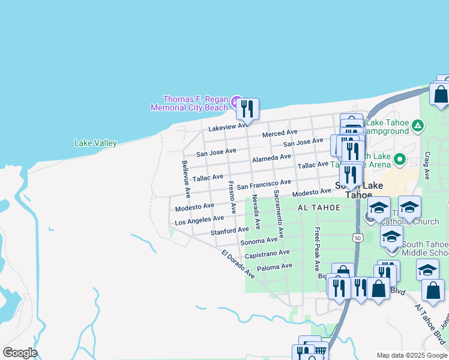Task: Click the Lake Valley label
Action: (x=95, y=143)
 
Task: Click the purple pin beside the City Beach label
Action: (x=237, y=100)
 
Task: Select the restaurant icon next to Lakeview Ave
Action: (x=247, y=109)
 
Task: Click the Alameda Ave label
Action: (x=272, y=158)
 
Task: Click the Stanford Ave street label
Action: (x=229, y=231)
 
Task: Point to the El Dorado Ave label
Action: (x=238, y=263)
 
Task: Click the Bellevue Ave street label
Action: (x=185, y=179)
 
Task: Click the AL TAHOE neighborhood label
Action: (x=319, y=208)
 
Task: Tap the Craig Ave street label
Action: (x=427, y=166)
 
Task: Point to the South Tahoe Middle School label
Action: (x=424, y=248)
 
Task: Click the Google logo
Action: (x=20, y=352)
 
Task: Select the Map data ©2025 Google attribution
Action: (x=411, y=355)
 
